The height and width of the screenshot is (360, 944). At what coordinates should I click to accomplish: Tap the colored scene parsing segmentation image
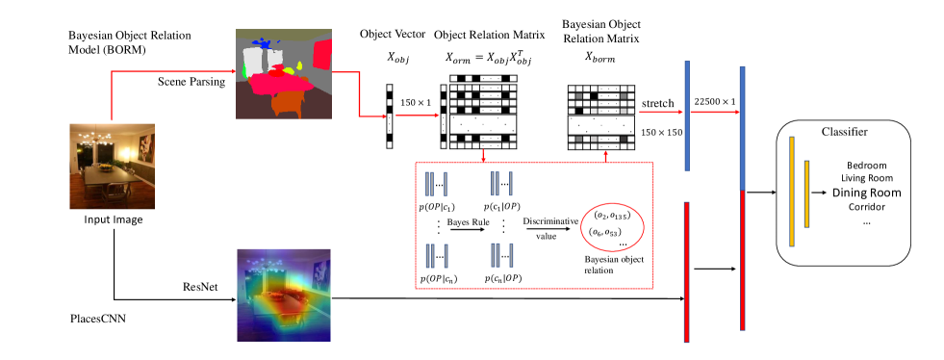click(x=283, y=72)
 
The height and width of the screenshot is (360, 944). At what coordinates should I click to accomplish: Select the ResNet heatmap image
click(x=284, y=295)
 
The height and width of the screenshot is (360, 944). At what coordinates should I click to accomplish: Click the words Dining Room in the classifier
click(x=867, y=193)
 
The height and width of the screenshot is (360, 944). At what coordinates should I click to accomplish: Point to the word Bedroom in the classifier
click(x=867, y=165)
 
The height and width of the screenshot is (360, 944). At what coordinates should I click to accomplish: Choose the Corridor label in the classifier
click(x=867, y=208)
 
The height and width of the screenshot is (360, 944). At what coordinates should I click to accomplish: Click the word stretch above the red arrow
click(x=657, y=103)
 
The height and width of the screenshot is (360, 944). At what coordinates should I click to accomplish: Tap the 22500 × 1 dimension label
click(x=715, y=102)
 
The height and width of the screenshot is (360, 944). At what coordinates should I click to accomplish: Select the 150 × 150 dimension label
click(x=662, y=132)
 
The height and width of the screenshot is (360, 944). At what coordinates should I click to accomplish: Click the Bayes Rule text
click(x=465, y=222)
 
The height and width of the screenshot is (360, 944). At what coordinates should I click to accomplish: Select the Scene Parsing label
click(x=191, y=82)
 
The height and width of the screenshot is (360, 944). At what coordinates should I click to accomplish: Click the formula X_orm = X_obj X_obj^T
click(x=489, y=59)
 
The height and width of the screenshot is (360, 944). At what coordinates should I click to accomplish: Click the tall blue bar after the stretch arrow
click(x=687, y=116)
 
